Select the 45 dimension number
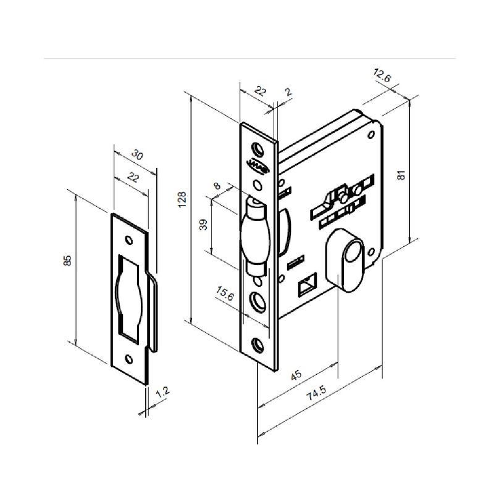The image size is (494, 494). coord(296,374)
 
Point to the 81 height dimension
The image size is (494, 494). coord(401,175)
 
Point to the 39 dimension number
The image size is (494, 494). coord(203,226)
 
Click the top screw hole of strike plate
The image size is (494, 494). coord(129,240)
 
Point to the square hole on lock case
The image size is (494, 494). coord(306,287)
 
